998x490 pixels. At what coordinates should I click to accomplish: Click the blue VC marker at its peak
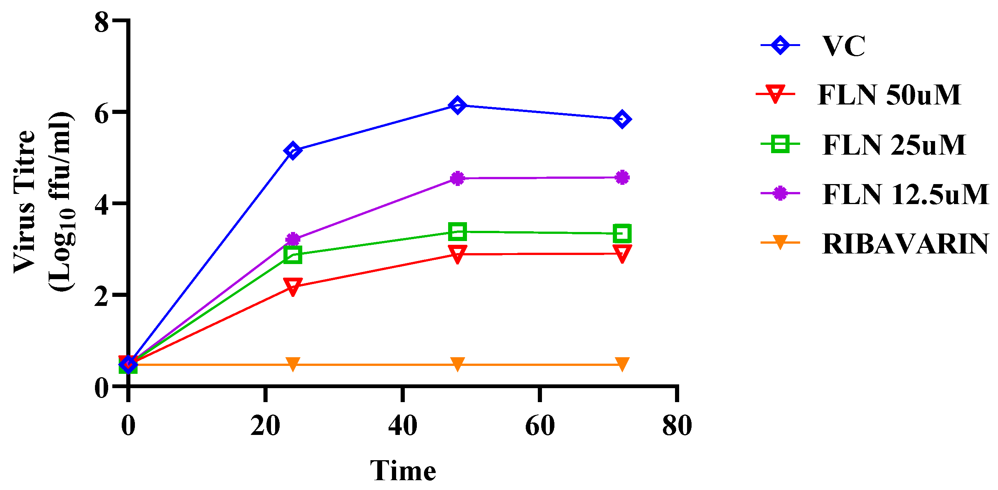[457, 106]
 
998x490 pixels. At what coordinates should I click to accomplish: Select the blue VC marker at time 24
[292, 151]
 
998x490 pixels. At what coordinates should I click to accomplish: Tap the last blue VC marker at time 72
[622, 119]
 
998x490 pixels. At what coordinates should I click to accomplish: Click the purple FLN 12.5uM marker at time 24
[292, 239]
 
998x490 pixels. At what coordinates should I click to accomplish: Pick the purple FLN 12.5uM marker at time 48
[457, 178]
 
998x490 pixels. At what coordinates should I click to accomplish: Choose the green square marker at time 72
[622, 233]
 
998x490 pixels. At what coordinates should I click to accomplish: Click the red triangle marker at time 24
[292, 286]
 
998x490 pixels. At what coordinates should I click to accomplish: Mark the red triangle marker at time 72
[622, 253]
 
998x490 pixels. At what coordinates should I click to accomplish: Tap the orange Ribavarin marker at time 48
[457, 364]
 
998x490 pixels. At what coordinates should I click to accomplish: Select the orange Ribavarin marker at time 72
[622, 364]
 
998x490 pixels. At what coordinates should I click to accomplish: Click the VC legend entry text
[844, 46]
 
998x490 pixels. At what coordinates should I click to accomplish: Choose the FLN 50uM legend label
[889, 95]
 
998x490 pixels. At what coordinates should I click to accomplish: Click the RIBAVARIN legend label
[905, 244]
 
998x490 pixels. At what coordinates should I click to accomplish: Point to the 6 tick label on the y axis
[101, 113]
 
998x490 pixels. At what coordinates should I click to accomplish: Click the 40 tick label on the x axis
[403, 425]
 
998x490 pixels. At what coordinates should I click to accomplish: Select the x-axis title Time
[403, 470]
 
